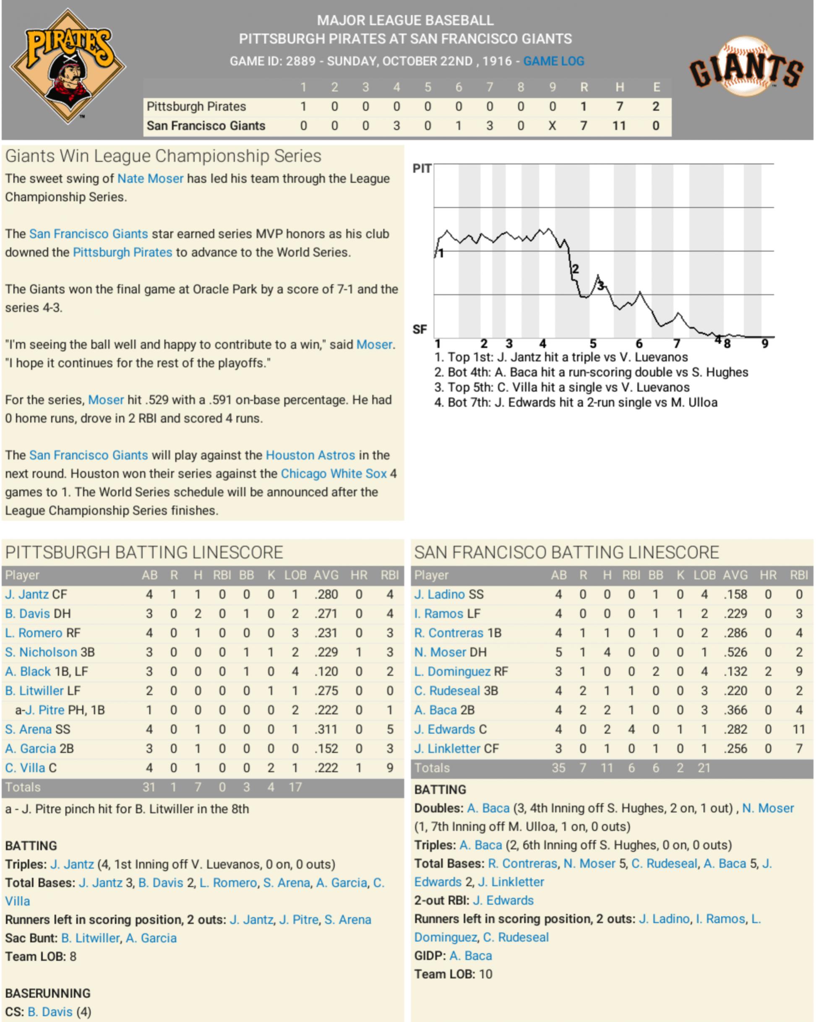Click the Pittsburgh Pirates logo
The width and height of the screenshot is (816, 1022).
[68, 66]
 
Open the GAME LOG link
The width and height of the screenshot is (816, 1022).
[553, 61]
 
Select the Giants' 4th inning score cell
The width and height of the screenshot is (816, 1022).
[396, 126]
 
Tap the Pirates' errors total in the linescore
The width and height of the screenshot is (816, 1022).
[656, 106]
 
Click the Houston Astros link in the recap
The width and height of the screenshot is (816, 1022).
[310, 455]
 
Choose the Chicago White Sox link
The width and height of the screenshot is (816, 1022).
[334, 473]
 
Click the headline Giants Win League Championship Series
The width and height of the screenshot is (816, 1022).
[163, 156]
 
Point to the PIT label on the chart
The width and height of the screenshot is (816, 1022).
[422, 169]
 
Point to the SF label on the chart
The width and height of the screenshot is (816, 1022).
[420, 329]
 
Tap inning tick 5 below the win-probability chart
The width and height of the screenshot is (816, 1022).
[593, 343]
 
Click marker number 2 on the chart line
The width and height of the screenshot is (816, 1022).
[575, 269]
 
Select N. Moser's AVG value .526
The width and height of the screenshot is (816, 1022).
[735, 652]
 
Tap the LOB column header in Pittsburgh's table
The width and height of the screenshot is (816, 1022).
[295, 575]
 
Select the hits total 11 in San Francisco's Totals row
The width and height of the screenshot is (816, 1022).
[607, 768]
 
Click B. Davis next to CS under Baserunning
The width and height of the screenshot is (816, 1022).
[50, 1012]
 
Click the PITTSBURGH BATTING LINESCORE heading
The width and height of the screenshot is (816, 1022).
[144, 553]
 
